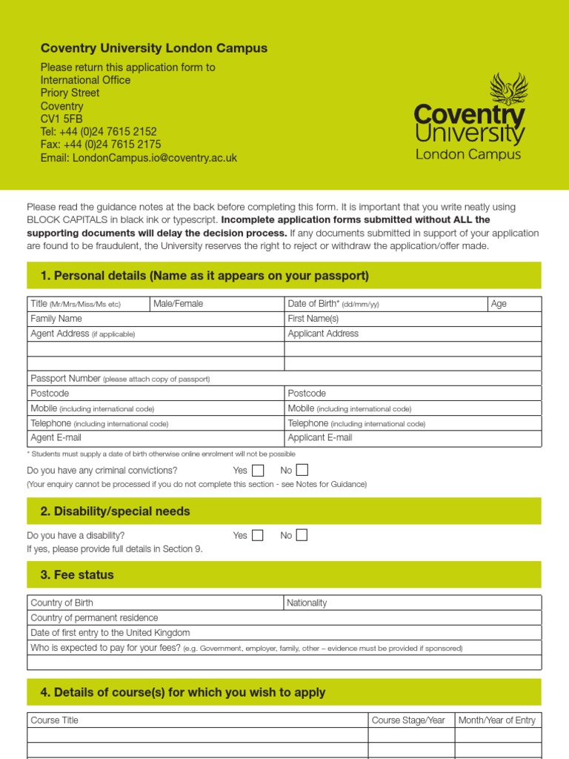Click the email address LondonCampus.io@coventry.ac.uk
[139, 158]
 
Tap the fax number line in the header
[100, 145]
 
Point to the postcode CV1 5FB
[61, 119]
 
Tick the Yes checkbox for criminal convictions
[257, 470]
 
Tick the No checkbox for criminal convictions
[302, 470]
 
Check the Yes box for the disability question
[257, 535]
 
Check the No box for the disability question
[302, 535]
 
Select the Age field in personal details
[514, 304]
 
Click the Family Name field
[156, 319]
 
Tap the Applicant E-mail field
[413, 438]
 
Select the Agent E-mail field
[156, 438]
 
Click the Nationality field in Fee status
[413, 603]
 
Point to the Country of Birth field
[156, 603]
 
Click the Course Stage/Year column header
[409, 720]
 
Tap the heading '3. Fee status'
[77, 574]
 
